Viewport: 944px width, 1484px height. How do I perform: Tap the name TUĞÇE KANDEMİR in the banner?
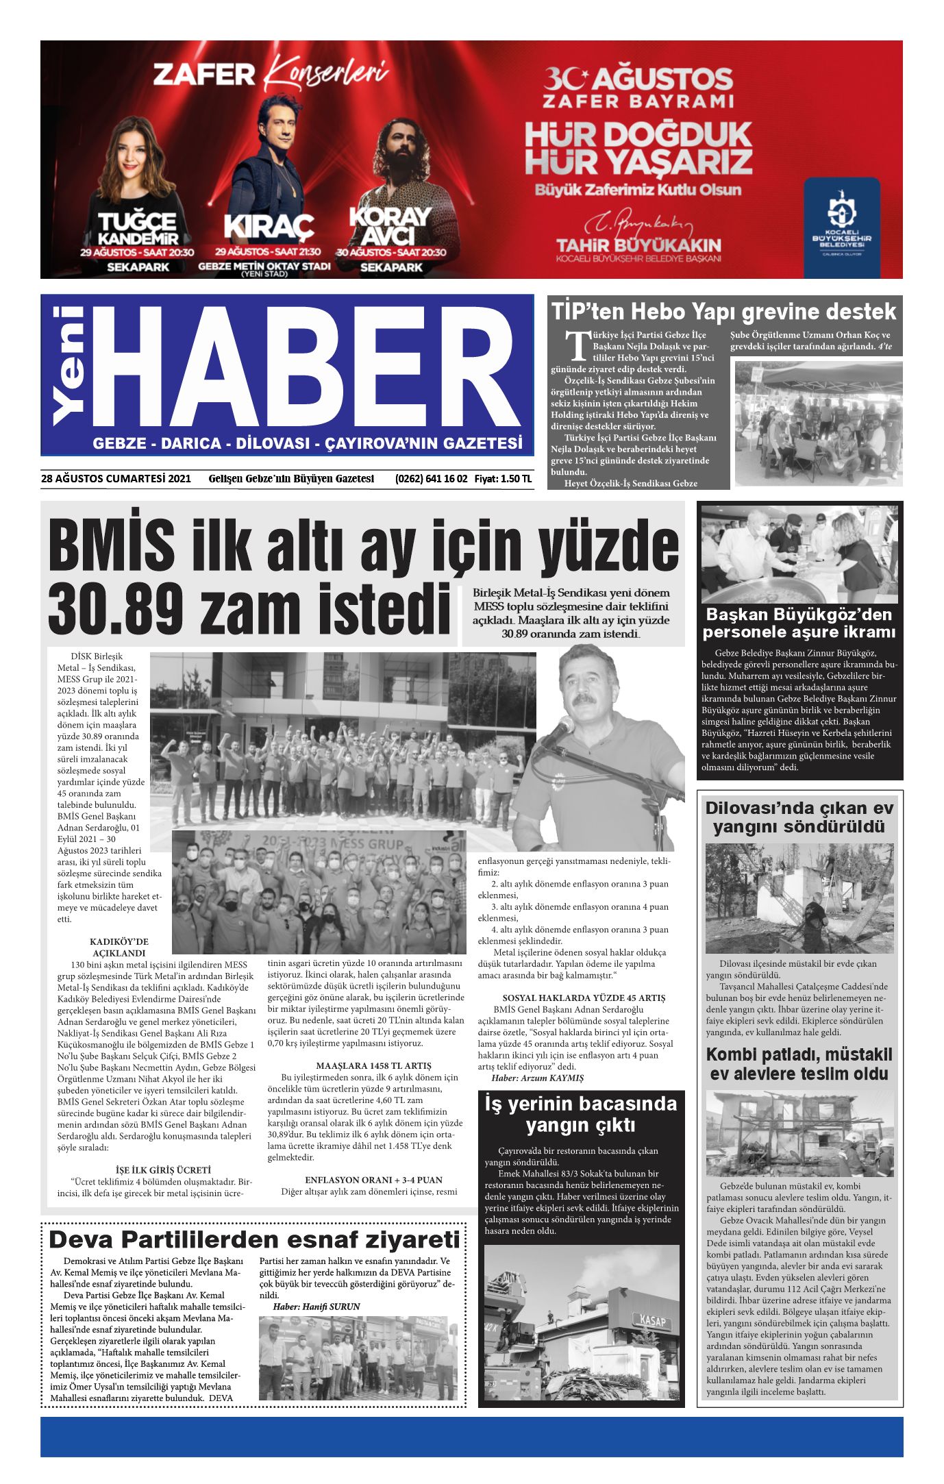pos(138,230)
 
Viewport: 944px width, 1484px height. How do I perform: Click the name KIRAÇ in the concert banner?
pos(269,227)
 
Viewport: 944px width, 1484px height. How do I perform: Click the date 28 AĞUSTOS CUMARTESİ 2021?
pos(116,479)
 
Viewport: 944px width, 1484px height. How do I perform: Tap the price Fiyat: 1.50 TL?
pos(503,479)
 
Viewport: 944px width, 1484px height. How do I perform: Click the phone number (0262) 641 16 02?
pos(431,479)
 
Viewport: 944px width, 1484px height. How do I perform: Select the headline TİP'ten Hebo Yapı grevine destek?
pos(723,312)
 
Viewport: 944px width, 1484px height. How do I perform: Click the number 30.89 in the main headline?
pos(116,608)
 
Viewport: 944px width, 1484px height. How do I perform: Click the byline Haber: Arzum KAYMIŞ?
pos(537,1078)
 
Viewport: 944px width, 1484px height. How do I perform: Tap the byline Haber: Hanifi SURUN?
pos(316,1307)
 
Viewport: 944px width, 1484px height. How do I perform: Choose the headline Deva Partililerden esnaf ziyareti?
pos(254,1239)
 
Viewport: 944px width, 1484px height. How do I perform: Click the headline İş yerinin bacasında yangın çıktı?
pos(581,1113)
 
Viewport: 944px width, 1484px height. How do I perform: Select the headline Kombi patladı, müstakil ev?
pos(799,1064)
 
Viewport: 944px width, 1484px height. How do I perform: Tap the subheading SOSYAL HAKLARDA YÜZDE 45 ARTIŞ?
pos(584,998)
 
